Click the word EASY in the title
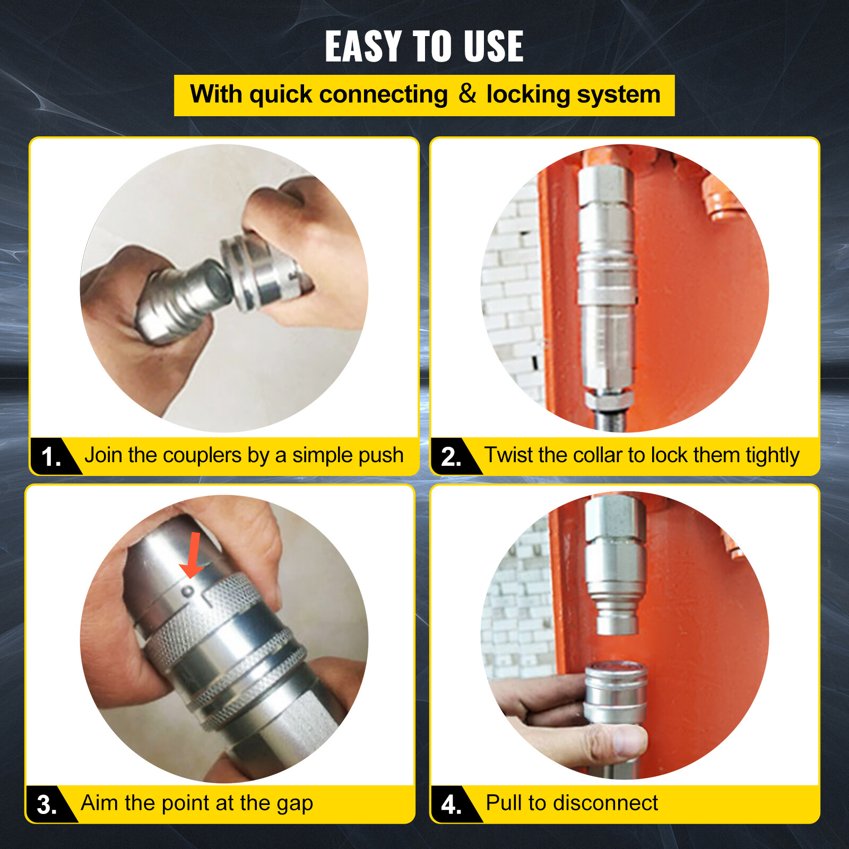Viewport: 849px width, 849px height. pos(363,47)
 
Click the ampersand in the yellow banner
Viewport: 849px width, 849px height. pos(467,94)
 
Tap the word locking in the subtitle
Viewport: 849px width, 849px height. pos(528,95)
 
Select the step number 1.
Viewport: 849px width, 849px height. pos(51,457)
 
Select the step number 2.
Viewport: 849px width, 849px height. pos(451,457)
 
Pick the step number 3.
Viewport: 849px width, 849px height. pos(47,804)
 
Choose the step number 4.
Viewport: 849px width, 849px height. pos(451,804)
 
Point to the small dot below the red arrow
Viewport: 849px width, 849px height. pos(187,591)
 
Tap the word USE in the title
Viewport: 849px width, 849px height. pos(493,47)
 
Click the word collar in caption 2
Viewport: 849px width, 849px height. pos(597,455)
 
